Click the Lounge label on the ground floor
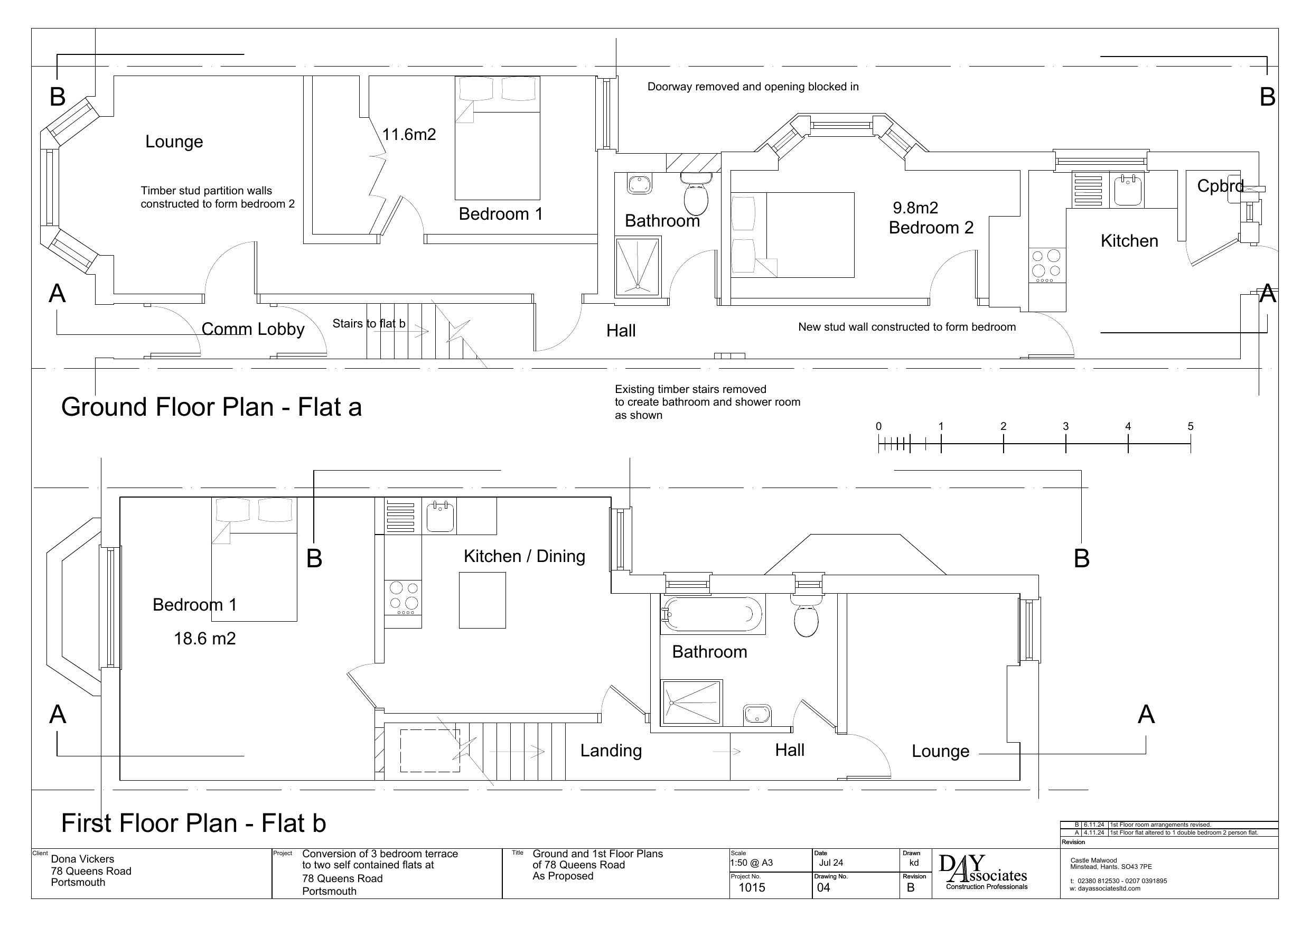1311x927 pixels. click(x=174, y=142)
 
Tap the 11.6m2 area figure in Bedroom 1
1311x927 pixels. click(x=409, y=135)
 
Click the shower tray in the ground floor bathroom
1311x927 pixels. click(x=638, y=266)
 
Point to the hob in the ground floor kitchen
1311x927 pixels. click(x=1046, y=265)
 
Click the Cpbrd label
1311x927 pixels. click(x=1220, y=186)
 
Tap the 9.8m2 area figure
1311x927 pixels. click(x=915, y=208)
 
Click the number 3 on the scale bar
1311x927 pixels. click(x=1065, y=427)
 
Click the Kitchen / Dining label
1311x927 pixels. click(x=523, y=556)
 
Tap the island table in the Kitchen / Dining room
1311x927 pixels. click(x=482, y=600)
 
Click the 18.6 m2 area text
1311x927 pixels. click(x=204, y=639)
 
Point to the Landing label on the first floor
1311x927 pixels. click(x=611, y=751)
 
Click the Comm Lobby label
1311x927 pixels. click(x=252, y=330)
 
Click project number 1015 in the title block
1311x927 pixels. click(x=752, y=887)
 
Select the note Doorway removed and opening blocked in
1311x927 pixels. click(x=752, y=87)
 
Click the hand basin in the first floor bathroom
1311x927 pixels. click(x=756, y=715)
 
